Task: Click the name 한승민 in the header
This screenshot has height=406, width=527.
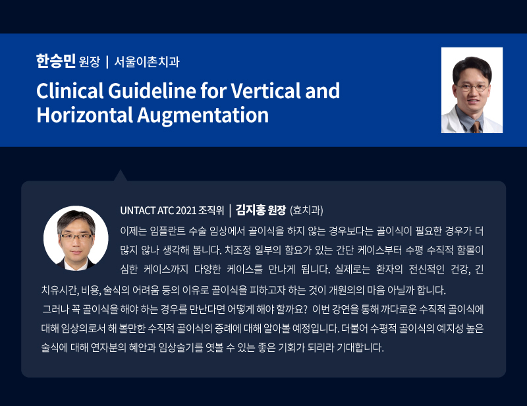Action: click(55, 61)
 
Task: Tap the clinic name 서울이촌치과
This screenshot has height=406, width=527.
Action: click(147, 62)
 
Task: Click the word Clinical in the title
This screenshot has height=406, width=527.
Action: click(70, 91)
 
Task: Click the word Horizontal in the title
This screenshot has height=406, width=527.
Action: click(85, 115)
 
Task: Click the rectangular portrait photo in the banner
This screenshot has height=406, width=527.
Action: click(472, 90)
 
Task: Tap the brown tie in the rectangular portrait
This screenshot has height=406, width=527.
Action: click(476, 127)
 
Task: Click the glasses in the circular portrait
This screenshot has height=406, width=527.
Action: click(76, 237)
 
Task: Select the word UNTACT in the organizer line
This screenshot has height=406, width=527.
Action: click(138, 210)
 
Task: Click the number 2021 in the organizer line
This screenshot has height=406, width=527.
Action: click(186, 210)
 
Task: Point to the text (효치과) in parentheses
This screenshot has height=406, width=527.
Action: click(306, 210)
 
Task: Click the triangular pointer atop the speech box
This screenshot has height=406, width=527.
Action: click(121, 175)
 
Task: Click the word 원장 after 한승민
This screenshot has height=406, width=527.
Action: click(90, 62)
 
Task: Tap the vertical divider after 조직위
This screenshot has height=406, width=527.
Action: click(230, 210)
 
